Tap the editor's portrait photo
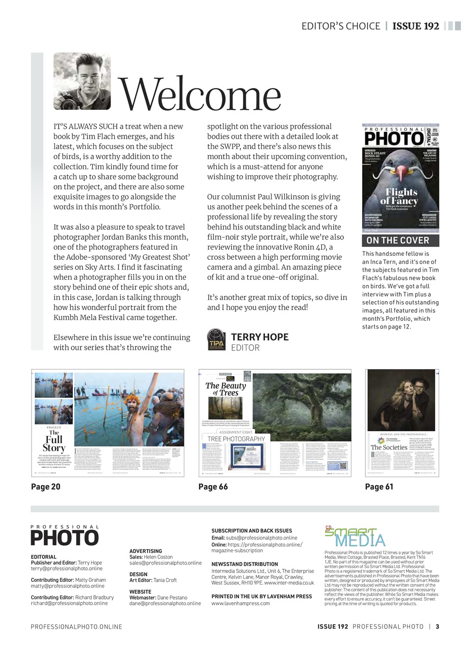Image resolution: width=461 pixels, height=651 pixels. coord(82,81)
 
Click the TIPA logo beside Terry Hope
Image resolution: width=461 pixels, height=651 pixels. coord(216,339)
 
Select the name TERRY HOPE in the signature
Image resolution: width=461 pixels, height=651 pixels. coord(260,337)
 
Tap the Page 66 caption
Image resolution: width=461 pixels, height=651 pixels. coord(213,487)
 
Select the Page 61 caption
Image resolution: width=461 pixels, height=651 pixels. coord(379,487)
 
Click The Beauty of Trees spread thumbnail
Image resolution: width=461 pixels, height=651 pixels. coord(275,423)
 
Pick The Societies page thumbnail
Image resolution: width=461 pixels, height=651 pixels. coord(402,423)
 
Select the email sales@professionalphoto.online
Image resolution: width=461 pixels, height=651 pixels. coord(166,563)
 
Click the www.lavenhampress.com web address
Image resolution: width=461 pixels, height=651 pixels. coord(240,603)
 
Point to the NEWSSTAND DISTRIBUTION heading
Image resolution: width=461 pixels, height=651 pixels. coord(245,564)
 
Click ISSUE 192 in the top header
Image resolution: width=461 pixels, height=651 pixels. coord(416,26)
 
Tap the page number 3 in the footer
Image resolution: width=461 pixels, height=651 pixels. coord(437,627)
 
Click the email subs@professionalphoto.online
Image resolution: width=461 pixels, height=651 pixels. coord(261,538)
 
